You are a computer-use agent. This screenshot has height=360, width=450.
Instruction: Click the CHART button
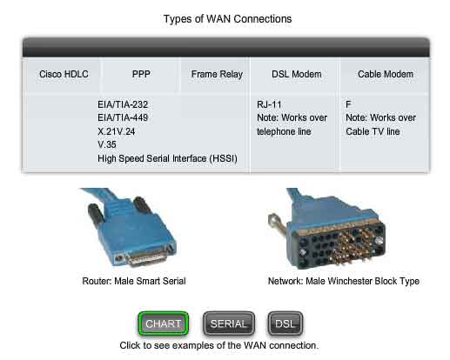point(164,323)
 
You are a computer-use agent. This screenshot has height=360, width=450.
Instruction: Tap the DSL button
point(285,323)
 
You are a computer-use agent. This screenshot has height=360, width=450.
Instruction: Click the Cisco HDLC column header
point(64,74)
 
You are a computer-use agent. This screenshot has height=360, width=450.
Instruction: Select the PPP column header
point(141,74)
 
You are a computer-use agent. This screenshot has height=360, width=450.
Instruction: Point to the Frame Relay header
point(217,75)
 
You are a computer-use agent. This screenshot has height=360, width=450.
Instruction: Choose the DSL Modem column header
point(297,74)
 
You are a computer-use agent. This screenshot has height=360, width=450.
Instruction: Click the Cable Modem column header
point(386,74)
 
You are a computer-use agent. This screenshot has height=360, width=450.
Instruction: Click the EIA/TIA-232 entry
point(123,104)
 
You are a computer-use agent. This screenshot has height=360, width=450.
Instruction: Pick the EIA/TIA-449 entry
point(123,117)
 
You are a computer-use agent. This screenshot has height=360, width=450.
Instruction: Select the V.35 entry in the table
point(107,144)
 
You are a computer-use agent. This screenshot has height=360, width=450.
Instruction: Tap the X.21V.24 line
point(117,131)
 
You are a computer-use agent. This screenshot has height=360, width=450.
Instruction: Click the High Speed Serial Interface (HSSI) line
point(167,158)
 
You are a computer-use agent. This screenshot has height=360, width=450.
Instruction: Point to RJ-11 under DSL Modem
point(269,104)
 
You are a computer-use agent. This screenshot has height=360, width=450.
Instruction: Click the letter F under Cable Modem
point(348,104)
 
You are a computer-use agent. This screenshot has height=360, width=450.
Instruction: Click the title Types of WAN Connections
point(227,19)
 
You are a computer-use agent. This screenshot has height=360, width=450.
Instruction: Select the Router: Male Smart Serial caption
point(134,281)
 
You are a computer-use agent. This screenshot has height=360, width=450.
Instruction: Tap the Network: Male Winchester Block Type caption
point(344,281)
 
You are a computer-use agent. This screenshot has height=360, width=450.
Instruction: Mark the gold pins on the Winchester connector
point(353,246)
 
